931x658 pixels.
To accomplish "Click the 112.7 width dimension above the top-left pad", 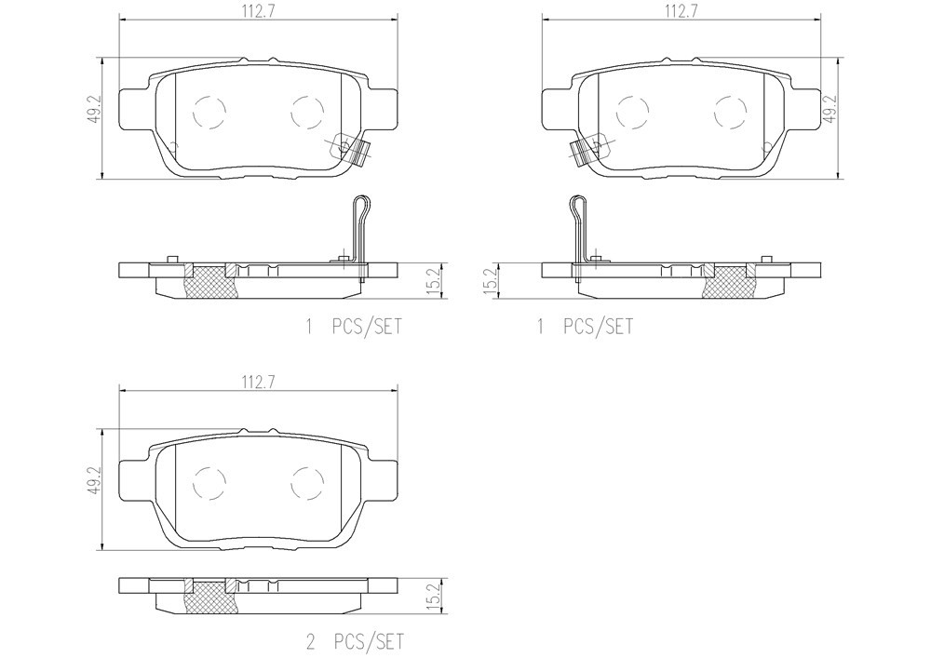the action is click(x=257, y=12).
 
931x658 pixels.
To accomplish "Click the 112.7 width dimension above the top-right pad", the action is click(x=681, y=12).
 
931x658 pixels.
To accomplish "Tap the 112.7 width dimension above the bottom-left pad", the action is click(x=257, y=383).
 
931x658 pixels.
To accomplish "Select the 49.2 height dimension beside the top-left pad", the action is click(x=96, y=109).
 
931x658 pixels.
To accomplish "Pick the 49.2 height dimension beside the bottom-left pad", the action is click(x=96, y=481).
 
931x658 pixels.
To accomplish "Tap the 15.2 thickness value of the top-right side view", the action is click(x=491, y=281).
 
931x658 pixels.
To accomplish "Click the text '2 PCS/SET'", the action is click(x=354, y=641).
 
